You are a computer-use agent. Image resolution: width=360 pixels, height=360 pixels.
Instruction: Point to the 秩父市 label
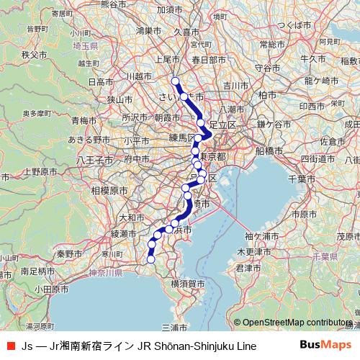coord(34,54)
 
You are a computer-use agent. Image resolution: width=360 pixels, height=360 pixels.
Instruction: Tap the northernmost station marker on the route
coord(175,81)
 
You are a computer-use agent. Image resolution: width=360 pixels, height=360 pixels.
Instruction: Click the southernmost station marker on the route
coord(151,260)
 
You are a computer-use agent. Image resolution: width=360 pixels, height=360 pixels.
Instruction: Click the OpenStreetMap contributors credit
coord(292,323)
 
